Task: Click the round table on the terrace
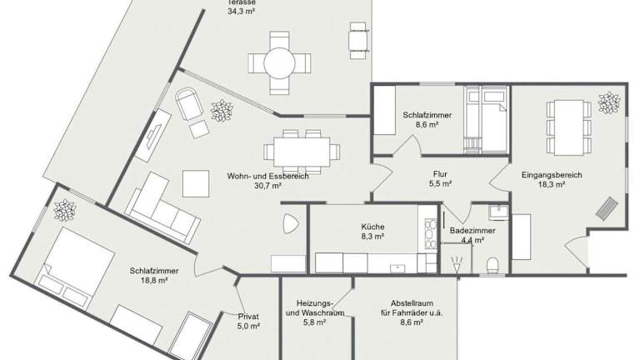[x=280, y=62]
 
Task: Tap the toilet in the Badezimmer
[x=492, y=265]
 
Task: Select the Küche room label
[x=372, y=227]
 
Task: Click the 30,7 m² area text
[x=267, y=186]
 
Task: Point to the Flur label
[x=440, y=174]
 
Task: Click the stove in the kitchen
[x=431, y=234]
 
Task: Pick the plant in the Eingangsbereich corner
[x=608, y=102]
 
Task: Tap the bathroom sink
[x=498, y=212]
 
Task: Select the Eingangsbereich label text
[x=552, y=175]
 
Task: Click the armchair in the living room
[x=189, y=103]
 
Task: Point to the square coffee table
[x=196, y=183]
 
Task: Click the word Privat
[x=248, y=317]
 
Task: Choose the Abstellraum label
[x=412, y=303]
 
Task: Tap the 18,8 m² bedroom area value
[x=154, y=280]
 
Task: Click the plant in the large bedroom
[x=65, y=210]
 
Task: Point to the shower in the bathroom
[x=457, y=258]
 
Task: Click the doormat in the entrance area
[x=605, y=208]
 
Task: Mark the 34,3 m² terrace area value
[x=241, y=12]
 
